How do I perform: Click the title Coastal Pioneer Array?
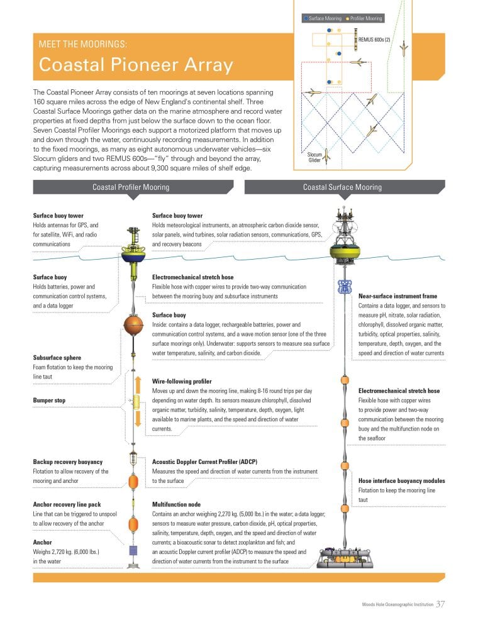click(136, 65)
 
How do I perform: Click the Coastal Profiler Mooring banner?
click(130, 187)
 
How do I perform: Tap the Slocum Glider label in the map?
click(314, 157)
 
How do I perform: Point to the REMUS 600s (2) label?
click(374, 39)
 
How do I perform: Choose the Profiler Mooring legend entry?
click(365, 19)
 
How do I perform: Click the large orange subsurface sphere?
click(133, 328)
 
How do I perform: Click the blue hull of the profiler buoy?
click(133, 257)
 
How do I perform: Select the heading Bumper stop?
click(49, 400)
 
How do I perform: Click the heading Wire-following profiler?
click(182, 381)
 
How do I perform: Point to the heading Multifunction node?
click(177, 504)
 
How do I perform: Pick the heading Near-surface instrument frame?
click(397, 296)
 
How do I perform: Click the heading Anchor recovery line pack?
click(67, 504)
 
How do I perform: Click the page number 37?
click(440, 604)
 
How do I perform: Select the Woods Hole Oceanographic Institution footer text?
click(397, 605)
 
